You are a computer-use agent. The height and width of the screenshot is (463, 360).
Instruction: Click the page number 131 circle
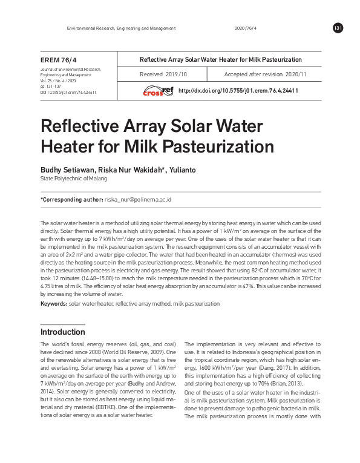[338, 28]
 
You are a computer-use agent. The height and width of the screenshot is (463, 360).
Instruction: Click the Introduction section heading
[62, 332]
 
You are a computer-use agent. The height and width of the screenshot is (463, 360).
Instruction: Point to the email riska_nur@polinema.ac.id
[139, 199]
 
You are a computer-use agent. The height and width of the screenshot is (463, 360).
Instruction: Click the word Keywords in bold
[53, 303]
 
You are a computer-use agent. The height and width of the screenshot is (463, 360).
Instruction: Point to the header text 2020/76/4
[244, 28]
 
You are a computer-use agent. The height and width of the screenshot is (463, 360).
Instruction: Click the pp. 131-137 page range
[50, 87]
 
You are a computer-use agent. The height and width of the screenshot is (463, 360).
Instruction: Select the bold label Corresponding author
[71, 199]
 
